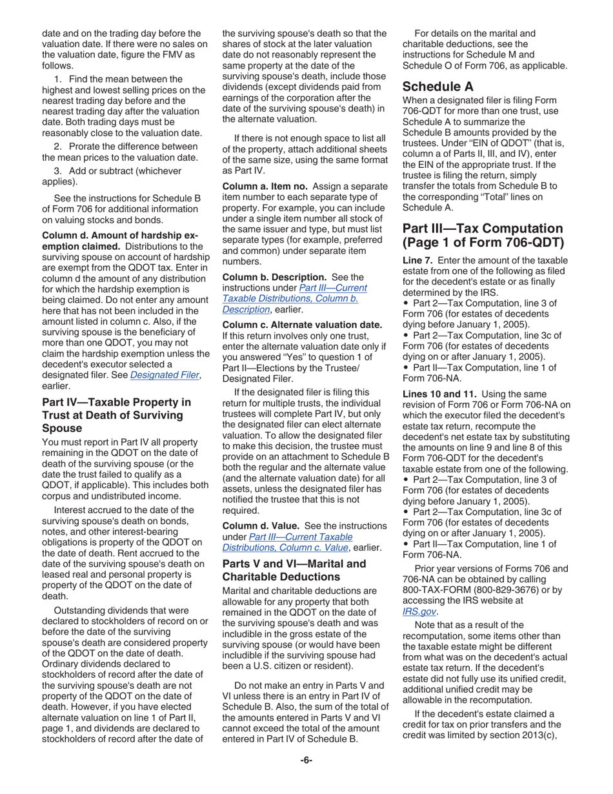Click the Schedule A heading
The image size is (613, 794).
(437, 86)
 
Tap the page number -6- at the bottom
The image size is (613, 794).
(306, 760)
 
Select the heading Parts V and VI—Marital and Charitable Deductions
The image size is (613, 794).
(294, 570)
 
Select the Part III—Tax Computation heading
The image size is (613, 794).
(483, 236)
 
